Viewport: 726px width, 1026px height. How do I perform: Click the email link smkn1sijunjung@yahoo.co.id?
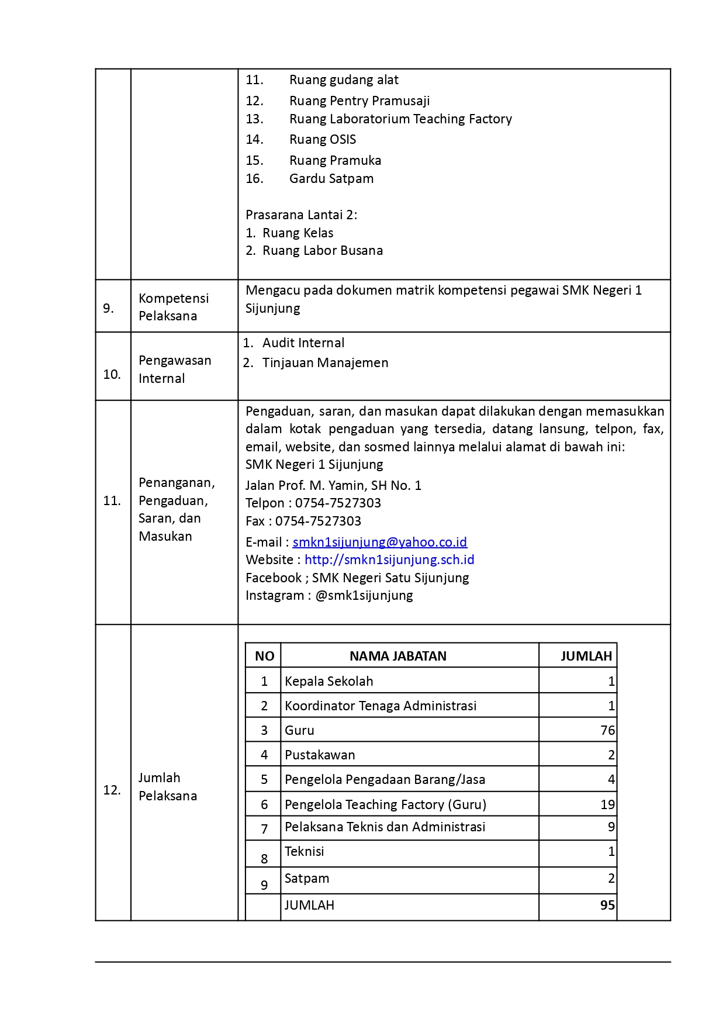[379, 542]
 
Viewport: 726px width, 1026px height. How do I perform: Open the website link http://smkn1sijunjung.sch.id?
[389, 559]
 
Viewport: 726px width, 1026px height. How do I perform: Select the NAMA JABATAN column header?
[397, 656]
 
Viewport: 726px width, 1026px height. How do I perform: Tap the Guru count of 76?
[607, 730]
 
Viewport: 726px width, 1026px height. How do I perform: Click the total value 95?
[607, 905]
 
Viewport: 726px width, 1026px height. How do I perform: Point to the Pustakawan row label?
[320, 755]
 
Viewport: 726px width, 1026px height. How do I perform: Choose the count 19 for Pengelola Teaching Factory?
[607, 804]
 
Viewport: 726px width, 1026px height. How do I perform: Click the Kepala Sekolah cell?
[329, 681]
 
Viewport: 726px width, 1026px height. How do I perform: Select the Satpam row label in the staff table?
[307, 878]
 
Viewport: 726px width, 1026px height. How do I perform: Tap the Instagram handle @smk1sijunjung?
[364, 595]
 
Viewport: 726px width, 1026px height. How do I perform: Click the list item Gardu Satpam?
[331, 178]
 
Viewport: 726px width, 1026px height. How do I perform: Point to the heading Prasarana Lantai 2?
[301, 215]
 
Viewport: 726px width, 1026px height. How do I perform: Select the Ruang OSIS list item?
[322, 139]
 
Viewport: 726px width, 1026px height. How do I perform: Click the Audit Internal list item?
[303, 343]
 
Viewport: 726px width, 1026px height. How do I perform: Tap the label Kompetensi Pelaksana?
[174, 307]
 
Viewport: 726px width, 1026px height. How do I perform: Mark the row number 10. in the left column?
[112, 374]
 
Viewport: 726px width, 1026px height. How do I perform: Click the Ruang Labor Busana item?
[322, 250]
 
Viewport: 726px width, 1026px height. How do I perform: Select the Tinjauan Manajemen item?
[325, 362]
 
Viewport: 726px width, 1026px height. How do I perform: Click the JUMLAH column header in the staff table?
[586, 656]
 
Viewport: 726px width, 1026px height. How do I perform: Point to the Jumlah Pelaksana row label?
[168, 786]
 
